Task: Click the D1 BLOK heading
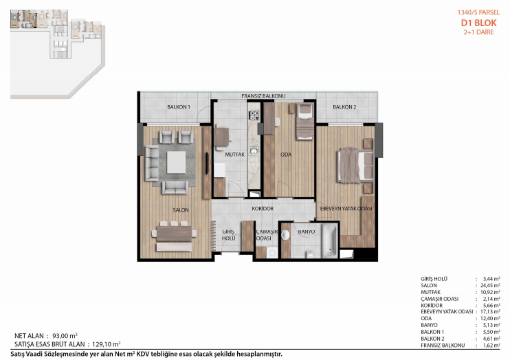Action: coord(478,23)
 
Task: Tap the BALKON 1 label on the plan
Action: coord(179,107)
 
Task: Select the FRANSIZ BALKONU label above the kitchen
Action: coord(263,96)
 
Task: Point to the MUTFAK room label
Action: coord(234,155)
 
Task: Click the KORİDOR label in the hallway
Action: coord(263,208)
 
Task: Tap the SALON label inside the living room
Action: coord(181,210)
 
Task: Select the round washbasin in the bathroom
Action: coord(285,235)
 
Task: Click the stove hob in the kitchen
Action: coord(254,115)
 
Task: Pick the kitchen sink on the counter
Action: coord(254,151)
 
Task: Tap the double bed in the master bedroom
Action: coord(355,165)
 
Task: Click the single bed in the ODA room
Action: coord(305,122)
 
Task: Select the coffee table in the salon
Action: coord(176,162)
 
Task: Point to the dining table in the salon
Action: coord(174,234)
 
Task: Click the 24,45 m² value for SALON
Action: coord(490,286)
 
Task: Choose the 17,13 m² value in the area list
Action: coord(490,311)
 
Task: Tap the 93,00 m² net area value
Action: coord(65,336)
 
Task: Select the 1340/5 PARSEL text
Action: coord(478,12)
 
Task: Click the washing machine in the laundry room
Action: coord(272,253)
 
